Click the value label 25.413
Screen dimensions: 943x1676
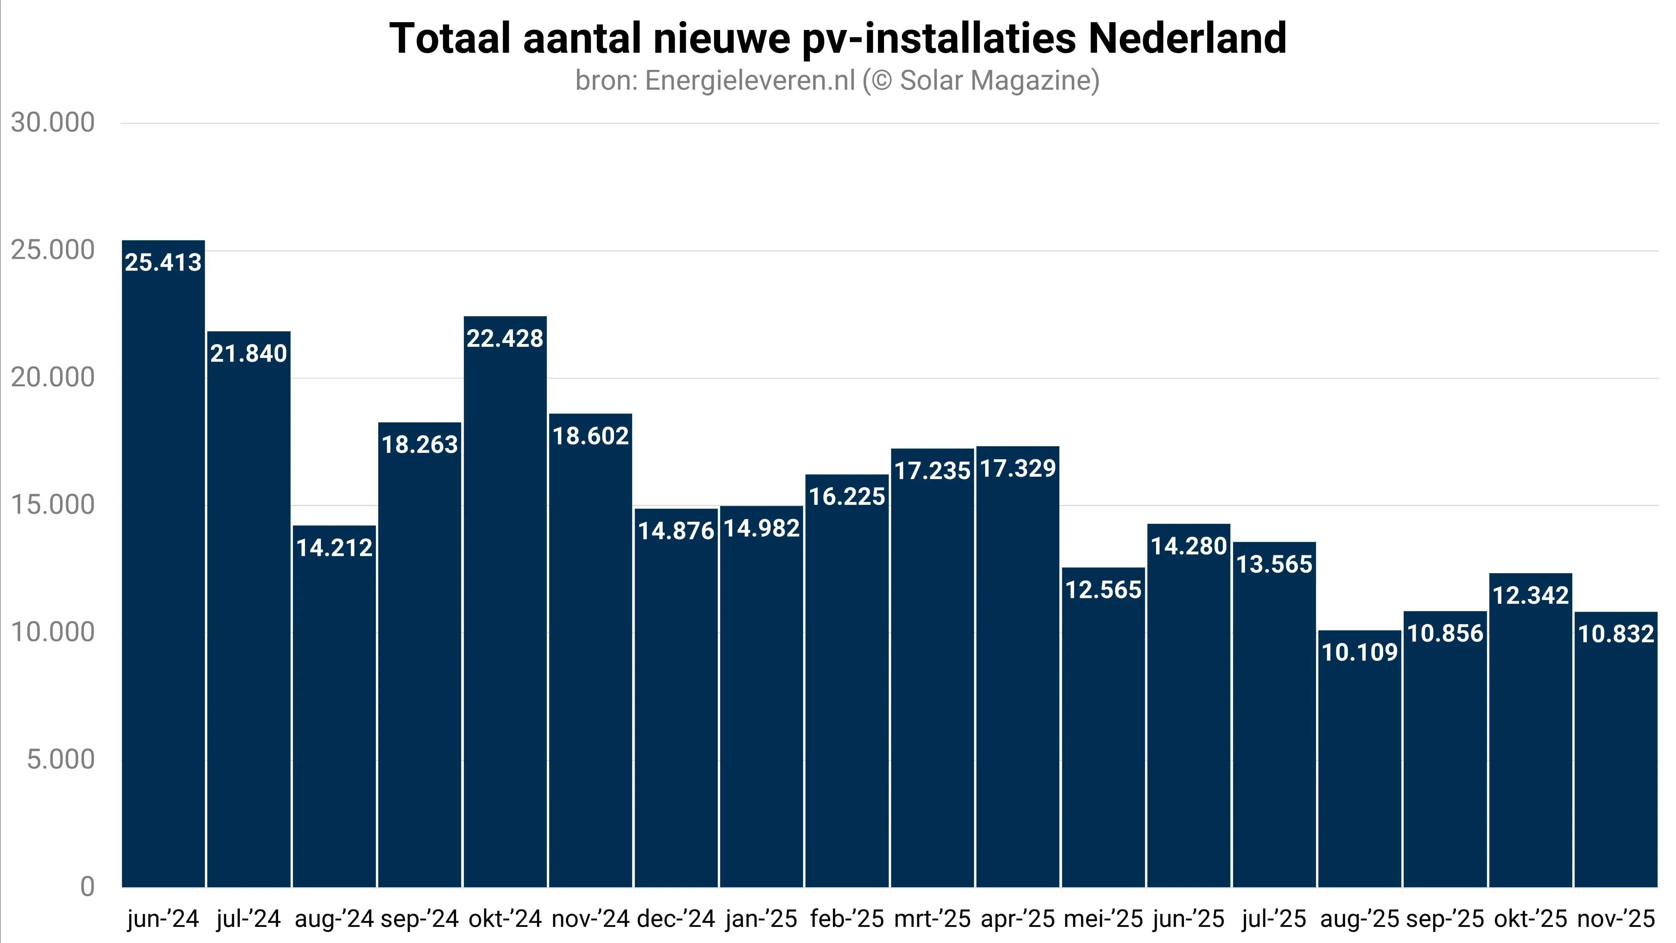point(163,262)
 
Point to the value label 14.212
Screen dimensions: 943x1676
point(335,548)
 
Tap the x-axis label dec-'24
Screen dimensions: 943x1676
point(676,919)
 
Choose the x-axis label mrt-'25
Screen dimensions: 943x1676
point(932,919)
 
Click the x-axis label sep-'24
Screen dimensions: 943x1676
point(420,919)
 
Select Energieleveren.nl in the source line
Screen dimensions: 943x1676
point(750,81)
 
